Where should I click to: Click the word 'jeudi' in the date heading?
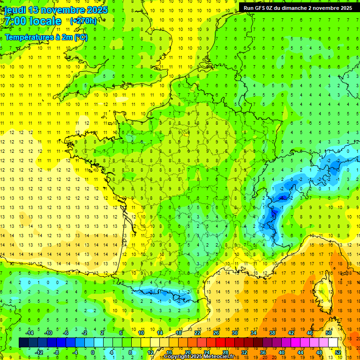(15, 10)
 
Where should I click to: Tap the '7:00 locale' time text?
(33, 21)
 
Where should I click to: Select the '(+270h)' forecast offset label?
(83, 21)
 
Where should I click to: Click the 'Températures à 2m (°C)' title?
(46, 37)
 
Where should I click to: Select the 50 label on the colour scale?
(329, 332)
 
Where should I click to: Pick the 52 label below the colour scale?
(338, 352)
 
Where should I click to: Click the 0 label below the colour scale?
(93, 352)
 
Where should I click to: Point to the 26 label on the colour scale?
(216, 332)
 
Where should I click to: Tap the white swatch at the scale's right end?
(333, 342)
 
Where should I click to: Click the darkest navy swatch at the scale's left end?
(23, 342)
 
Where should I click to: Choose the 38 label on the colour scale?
(272, 332)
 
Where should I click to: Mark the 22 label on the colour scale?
(197, 332)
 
